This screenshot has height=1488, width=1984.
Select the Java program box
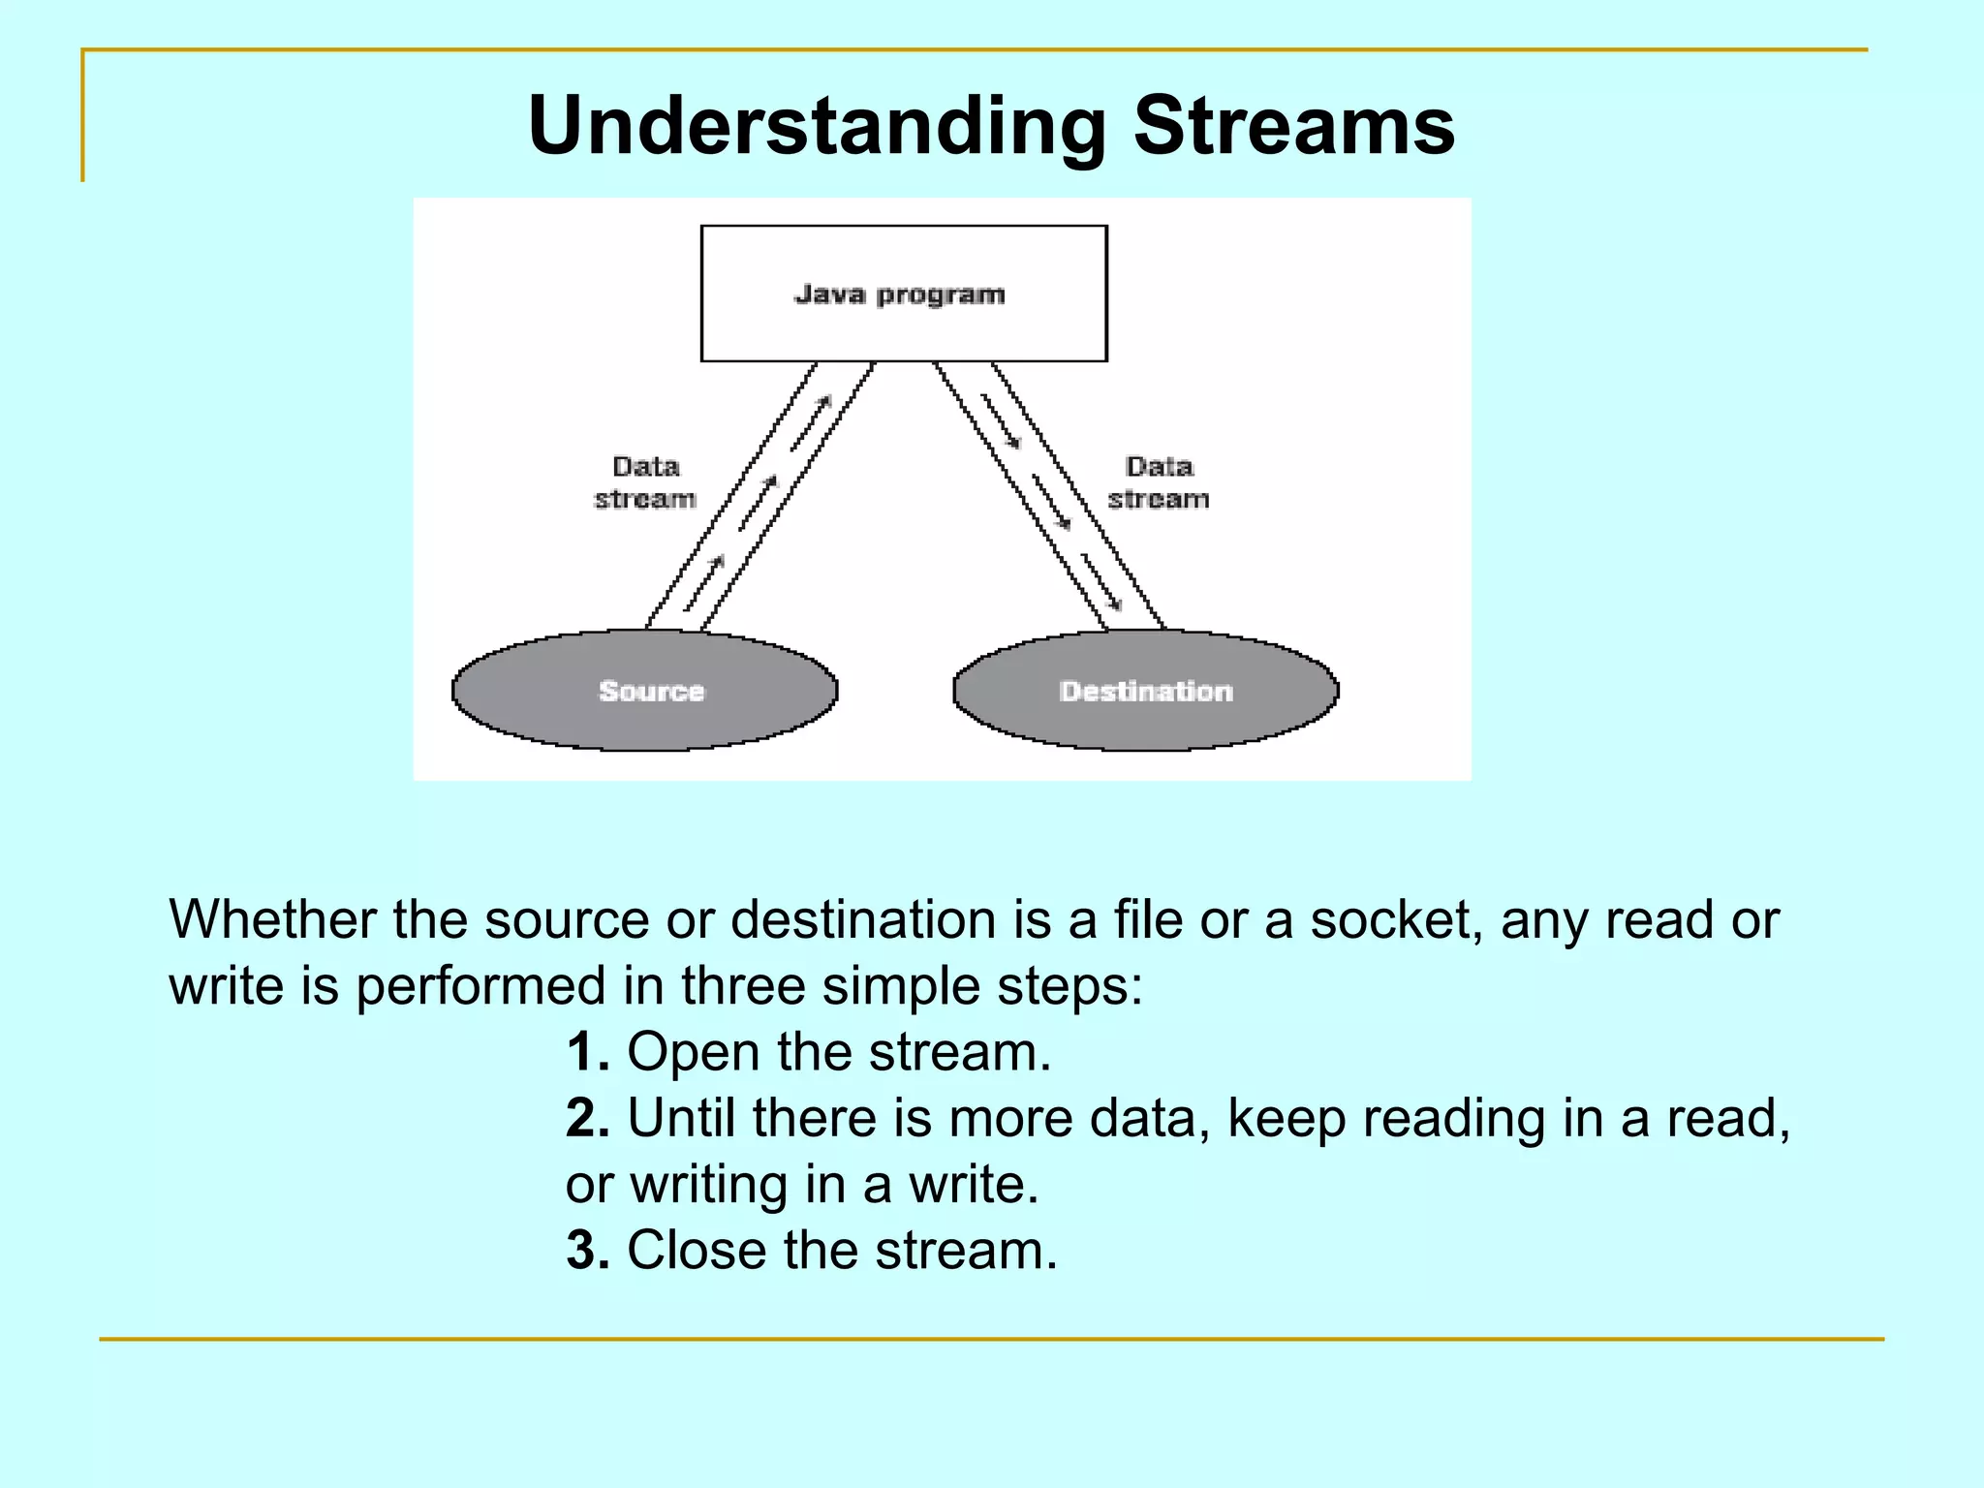(x=903, y=294)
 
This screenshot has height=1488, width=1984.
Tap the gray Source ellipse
(x=645, y=691)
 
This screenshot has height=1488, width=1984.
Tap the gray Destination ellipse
(x=1145, y=691)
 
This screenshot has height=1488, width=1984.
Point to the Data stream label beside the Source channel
(x=645, y=482)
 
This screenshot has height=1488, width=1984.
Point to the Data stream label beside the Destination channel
(x=1159, y=482)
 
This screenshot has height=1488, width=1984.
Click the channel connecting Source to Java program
(x=760, y=496)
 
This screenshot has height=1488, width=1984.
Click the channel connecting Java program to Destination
(x=1049, y=496)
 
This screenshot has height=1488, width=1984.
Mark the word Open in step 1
(x=693, y=1054)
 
